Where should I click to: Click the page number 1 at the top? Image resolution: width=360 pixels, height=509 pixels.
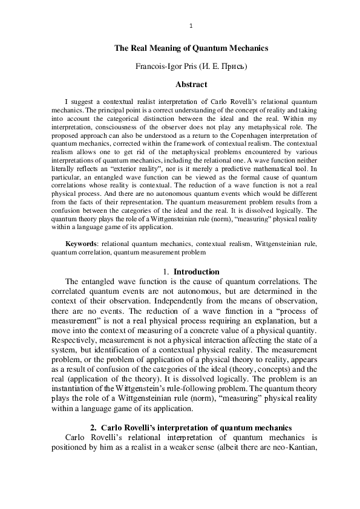point(191,25)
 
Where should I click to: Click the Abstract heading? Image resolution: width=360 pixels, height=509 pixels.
point(191,85)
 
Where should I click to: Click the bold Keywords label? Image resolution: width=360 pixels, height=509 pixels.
point(81,243)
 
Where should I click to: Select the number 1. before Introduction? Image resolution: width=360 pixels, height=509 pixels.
point(167,272)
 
